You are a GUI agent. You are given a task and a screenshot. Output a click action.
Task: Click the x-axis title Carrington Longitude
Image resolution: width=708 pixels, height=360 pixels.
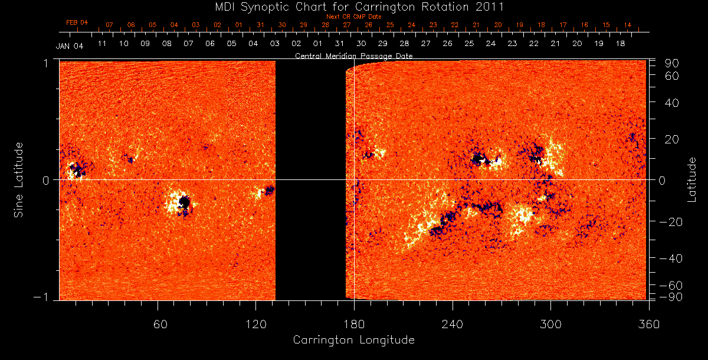(x=353, y=340)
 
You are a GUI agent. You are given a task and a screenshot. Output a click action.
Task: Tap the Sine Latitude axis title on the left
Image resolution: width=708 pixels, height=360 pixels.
(x=18, y=179)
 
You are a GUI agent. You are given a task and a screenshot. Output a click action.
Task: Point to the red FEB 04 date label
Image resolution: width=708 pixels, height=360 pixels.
(x=77, y=22)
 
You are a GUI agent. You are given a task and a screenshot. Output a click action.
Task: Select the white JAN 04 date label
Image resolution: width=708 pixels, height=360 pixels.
(x=70, y=47)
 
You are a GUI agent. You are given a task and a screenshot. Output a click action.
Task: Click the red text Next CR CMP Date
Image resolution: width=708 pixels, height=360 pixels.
(x=354, y=17)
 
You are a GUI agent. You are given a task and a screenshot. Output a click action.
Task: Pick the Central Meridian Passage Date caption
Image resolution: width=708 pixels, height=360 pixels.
(x=354, y=56)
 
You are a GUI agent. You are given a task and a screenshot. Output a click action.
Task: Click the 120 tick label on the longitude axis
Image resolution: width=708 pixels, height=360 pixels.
(x=255, y=324)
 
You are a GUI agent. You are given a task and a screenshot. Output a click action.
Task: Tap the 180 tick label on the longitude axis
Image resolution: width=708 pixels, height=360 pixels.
(x=354, y=324)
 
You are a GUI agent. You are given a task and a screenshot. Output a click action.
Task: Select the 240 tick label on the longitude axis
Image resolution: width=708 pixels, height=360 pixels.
(x=452, y=324)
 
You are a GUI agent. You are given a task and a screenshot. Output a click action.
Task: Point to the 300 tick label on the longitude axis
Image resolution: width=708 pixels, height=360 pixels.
(x=550, y=324)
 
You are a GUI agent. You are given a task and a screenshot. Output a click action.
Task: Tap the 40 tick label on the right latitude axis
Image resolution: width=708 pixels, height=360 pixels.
(x=673, y=103)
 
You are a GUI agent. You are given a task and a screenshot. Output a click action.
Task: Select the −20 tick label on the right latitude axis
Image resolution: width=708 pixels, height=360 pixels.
(x=669, y=222)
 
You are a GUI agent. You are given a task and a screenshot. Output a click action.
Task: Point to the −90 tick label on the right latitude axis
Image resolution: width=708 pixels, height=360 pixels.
(x=669, y=296)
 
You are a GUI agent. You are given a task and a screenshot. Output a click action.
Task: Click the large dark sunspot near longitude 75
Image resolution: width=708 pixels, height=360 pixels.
(x=184, y=203)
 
